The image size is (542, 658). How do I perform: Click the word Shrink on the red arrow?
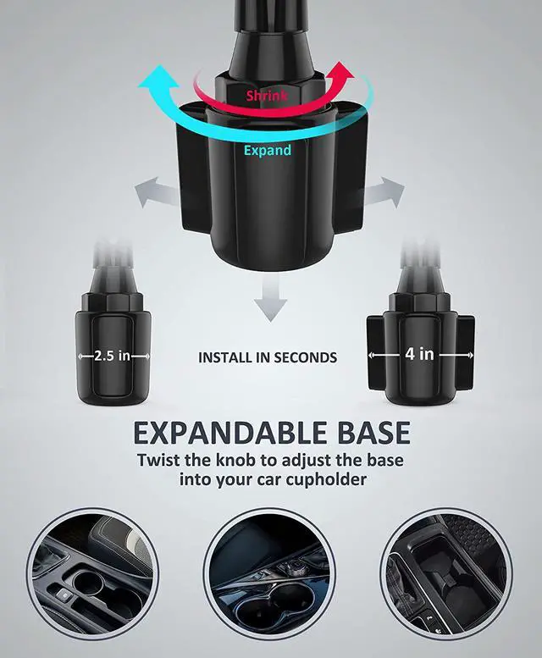point(266,96)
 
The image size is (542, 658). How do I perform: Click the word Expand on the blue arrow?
point(268,151)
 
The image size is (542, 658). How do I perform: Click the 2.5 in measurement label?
point(112,356)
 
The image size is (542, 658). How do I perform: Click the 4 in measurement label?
point(419,353)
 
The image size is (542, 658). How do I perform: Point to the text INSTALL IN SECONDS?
point(268,357)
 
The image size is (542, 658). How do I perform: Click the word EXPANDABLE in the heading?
point(221,434)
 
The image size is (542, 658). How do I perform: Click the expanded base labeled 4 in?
point(421,347)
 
